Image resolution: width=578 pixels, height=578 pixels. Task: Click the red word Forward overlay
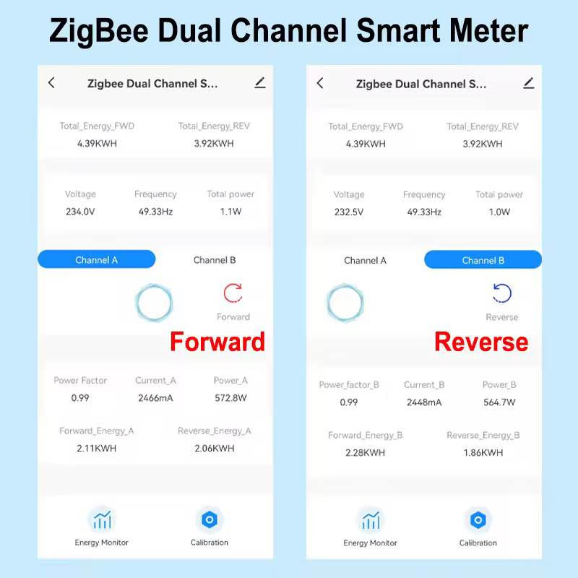[217, 341]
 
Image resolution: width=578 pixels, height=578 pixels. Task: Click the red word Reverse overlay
[481, 342]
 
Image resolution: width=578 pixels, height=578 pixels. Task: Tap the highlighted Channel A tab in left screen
[96, 260]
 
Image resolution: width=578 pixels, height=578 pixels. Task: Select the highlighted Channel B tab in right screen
[483, 260]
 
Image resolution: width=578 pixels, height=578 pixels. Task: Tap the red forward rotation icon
[233, 293]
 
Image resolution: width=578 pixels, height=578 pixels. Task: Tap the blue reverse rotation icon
[501, 293]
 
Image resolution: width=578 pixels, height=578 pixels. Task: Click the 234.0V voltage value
[79, 212]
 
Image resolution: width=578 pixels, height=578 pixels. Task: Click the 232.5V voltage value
[348, 212]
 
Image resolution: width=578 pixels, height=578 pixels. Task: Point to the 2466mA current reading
[155, 398]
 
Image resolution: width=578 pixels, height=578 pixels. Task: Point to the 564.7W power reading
[499, 402]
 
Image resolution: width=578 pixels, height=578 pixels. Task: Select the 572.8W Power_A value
[230, 398]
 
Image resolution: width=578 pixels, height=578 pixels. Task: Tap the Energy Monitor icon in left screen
[102, 519]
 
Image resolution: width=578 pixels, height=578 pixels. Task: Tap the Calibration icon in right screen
[478, 519]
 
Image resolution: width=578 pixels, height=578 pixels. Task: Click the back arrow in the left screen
[51, 83]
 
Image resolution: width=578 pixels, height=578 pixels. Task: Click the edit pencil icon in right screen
[528, 83]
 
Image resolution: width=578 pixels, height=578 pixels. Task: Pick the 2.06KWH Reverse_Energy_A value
[215, 449]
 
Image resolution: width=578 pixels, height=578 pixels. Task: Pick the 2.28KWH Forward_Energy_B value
[365, 453]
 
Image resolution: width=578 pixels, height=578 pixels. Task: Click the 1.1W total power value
[230, 212]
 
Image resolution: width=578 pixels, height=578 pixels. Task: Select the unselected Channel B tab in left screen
[215, 260]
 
